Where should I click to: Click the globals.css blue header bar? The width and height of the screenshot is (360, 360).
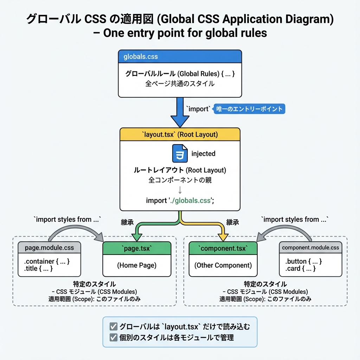pyautogui.click(x=180, y=57)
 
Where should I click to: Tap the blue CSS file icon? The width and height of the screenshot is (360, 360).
pyautogui.click(x=180, y=154)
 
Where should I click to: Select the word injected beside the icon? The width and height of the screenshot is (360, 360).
pyautogui.click(x=203, y=154)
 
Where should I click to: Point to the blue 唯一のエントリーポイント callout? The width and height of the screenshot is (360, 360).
pyautogui.click(x=249, y=109)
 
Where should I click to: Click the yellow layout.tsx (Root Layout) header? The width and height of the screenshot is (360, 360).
pyautogui.click(x=180, y=134)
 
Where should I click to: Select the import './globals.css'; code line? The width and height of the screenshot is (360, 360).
pyautogui.click(x=180, y=200)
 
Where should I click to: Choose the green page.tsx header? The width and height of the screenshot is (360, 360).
pyautogui.click(x=136, y=248)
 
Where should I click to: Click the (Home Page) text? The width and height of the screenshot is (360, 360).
pyautogui.click(x=136, y=265)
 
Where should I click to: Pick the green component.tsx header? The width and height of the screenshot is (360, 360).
pyautogui.click(x=223, y=248)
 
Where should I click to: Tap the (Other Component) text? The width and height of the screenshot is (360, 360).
pyautogui.click(x=223, y=265)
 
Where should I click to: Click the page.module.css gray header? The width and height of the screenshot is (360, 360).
pyautogui.click(x=49, y=247)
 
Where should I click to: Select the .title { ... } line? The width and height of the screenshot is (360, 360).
pyautogui.click(x=38, y=269)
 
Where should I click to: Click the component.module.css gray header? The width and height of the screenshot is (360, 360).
pyautogui.click(x=310, y=247)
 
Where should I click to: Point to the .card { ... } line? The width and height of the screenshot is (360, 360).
pyautogui.click(x=301, y=269)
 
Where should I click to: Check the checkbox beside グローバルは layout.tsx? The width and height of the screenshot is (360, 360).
pyautogui.click(x=114, y=326)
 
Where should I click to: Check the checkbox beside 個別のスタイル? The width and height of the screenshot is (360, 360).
pyautogui.click(x=114, y=337)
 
